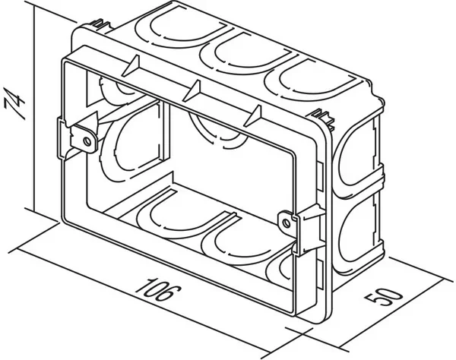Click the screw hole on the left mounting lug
point(89,140)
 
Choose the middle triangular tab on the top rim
point(194,90)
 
